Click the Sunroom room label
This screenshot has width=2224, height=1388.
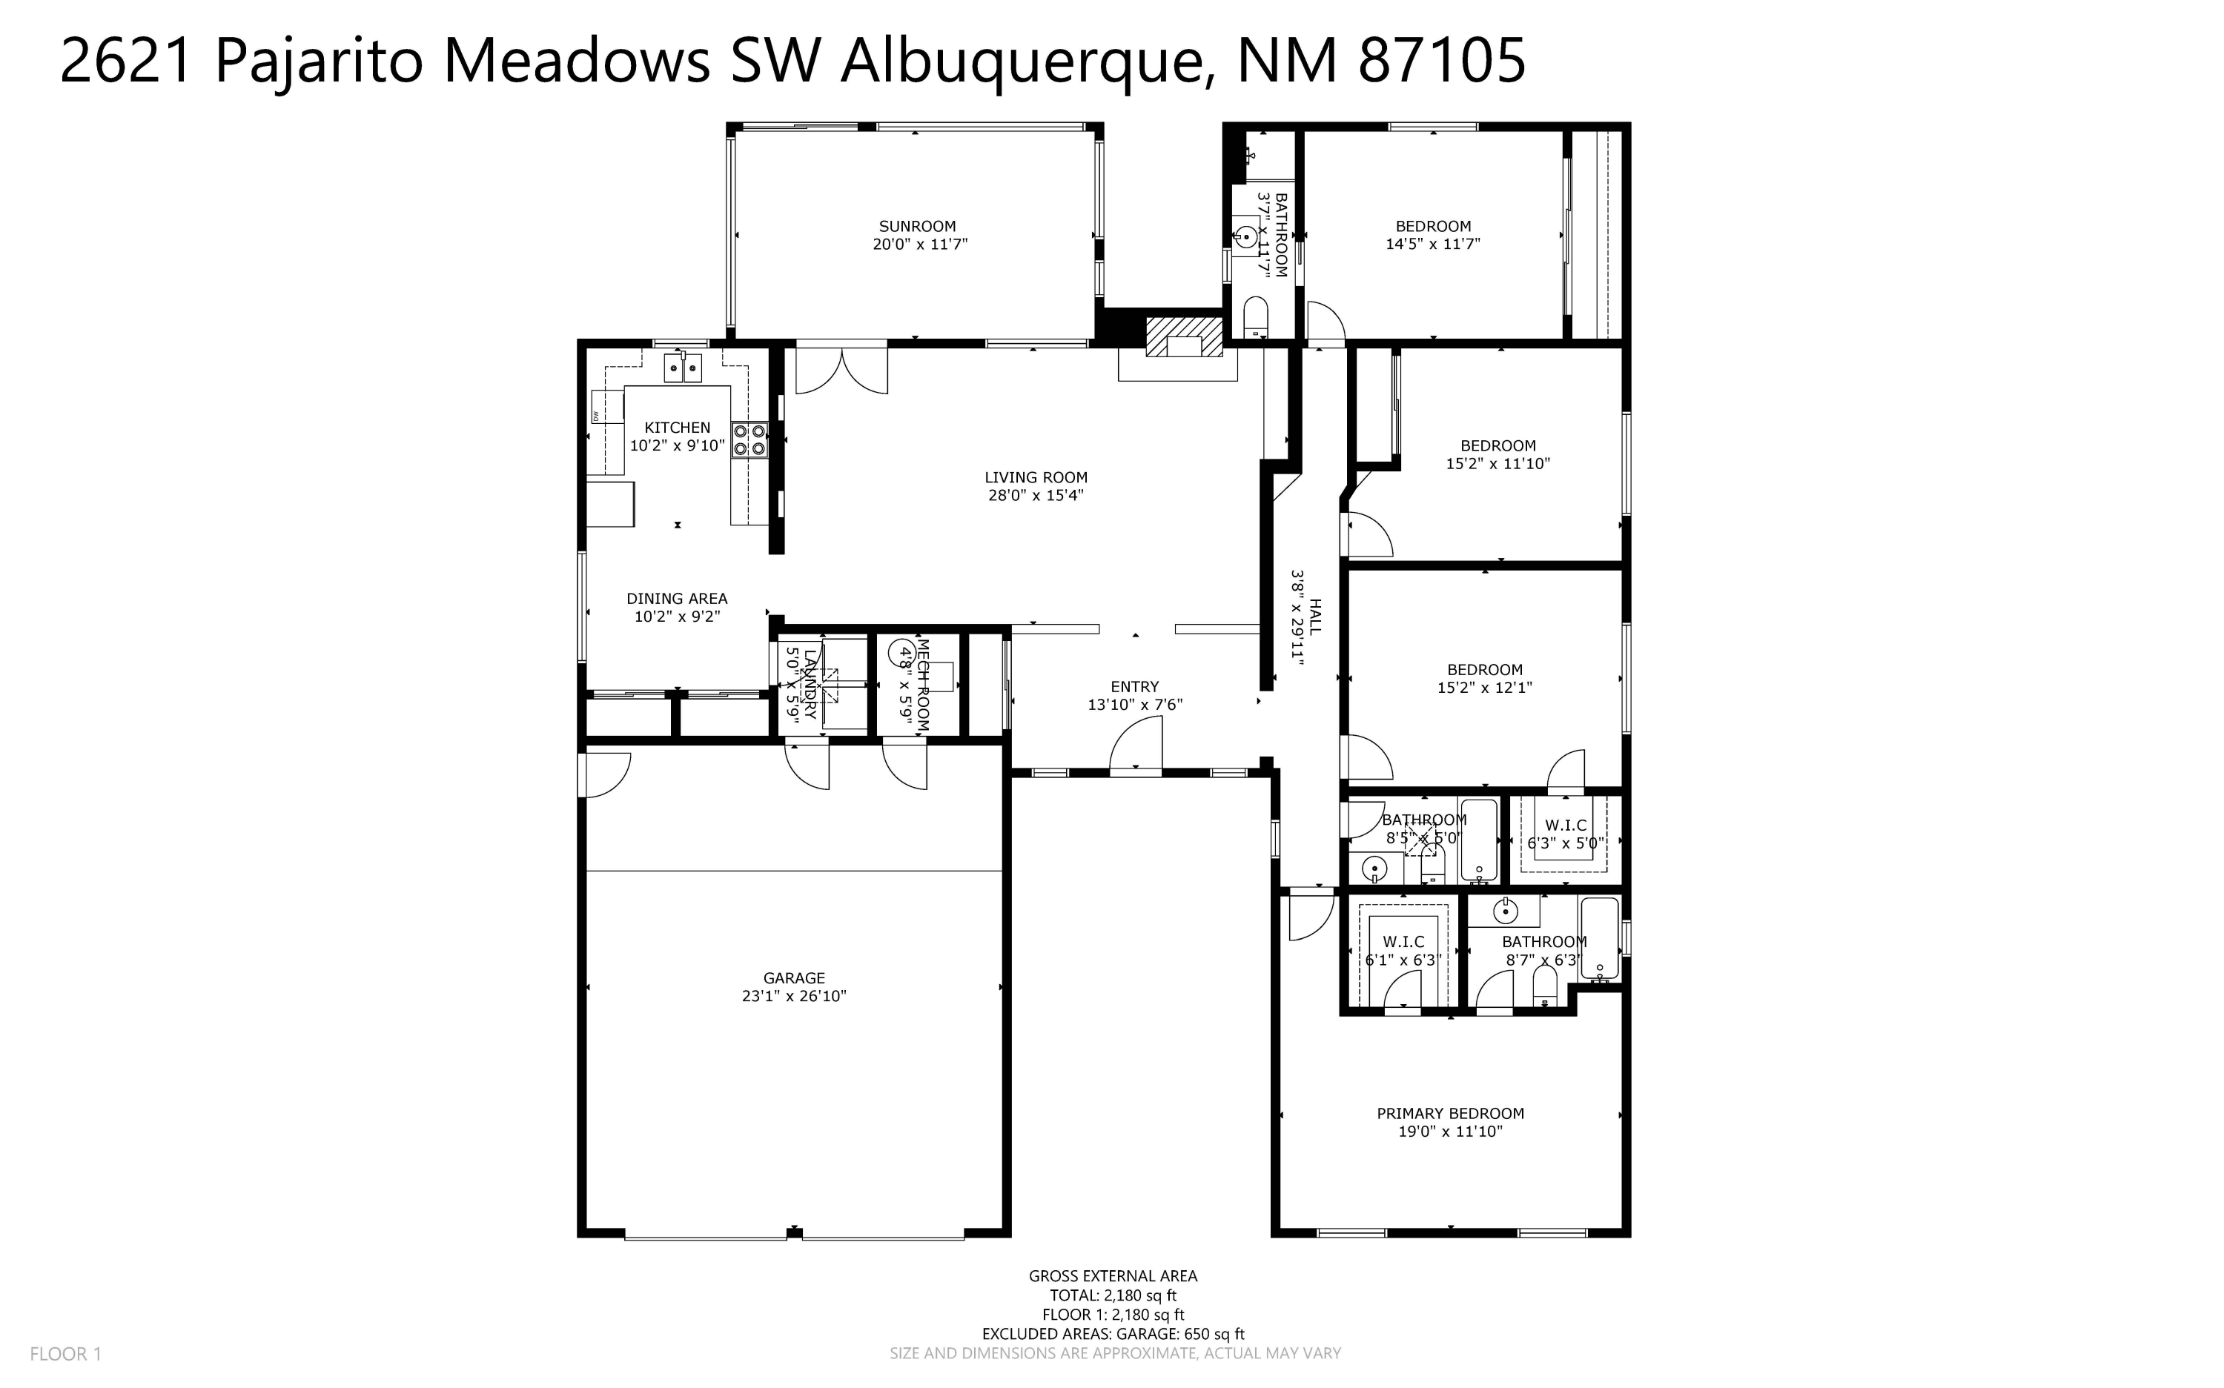coord(916,226)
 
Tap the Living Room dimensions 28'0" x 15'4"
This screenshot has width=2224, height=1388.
coord(1036,496)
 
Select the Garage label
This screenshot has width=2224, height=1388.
coord(793,977)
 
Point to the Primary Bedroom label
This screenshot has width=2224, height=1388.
coord(1450,1114)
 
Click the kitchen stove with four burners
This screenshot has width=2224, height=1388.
coord(749,439)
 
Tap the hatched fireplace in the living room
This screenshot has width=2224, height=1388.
coord(1185,337)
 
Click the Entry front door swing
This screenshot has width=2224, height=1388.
coord(1136,743)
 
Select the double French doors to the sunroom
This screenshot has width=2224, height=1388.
coord(841,368)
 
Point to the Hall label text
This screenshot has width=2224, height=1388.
coord(1315,617)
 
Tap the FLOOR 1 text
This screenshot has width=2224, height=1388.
coord(65,1354)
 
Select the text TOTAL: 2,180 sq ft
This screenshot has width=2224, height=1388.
coord(1113,1295)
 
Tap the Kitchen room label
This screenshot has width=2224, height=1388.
coord(677,427)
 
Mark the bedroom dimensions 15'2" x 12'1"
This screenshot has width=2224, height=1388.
coord(1484,688)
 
